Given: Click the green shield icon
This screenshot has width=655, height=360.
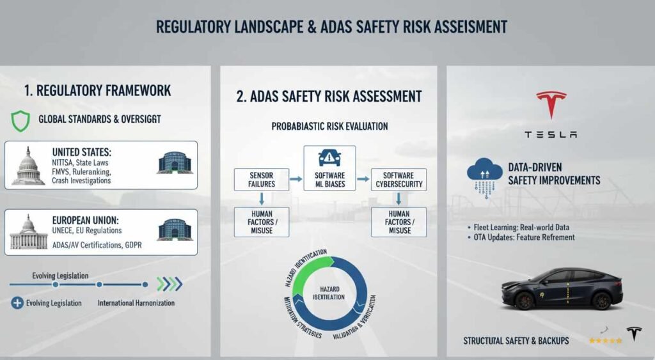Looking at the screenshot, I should click(21, 119).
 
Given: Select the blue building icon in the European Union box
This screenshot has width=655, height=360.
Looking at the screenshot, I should click(174, 230).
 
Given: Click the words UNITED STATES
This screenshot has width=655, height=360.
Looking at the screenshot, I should click(82, 153).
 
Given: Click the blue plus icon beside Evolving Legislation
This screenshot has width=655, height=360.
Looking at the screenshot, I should click(17, 302).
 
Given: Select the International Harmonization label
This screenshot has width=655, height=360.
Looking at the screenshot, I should click(136, 302).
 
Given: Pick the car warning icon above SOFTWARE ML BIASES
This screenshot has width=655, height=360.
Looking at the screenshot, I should click(329, 157).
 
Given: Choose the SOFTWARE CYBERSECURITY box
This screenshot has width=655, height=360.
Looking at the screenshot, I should click(399, 180).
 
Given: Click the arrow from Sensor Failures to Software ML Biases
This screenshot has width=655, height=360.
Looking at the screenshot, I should click(296, 180).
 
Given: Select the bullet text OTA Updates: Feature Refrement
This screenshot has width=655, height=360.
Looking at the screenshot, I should click(524, 237).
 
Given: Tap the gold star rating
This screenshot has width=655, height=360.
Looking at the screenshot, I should click(605, 340).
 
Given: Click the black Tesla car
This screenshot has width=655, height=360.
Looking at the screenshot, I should click(562, 288).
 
